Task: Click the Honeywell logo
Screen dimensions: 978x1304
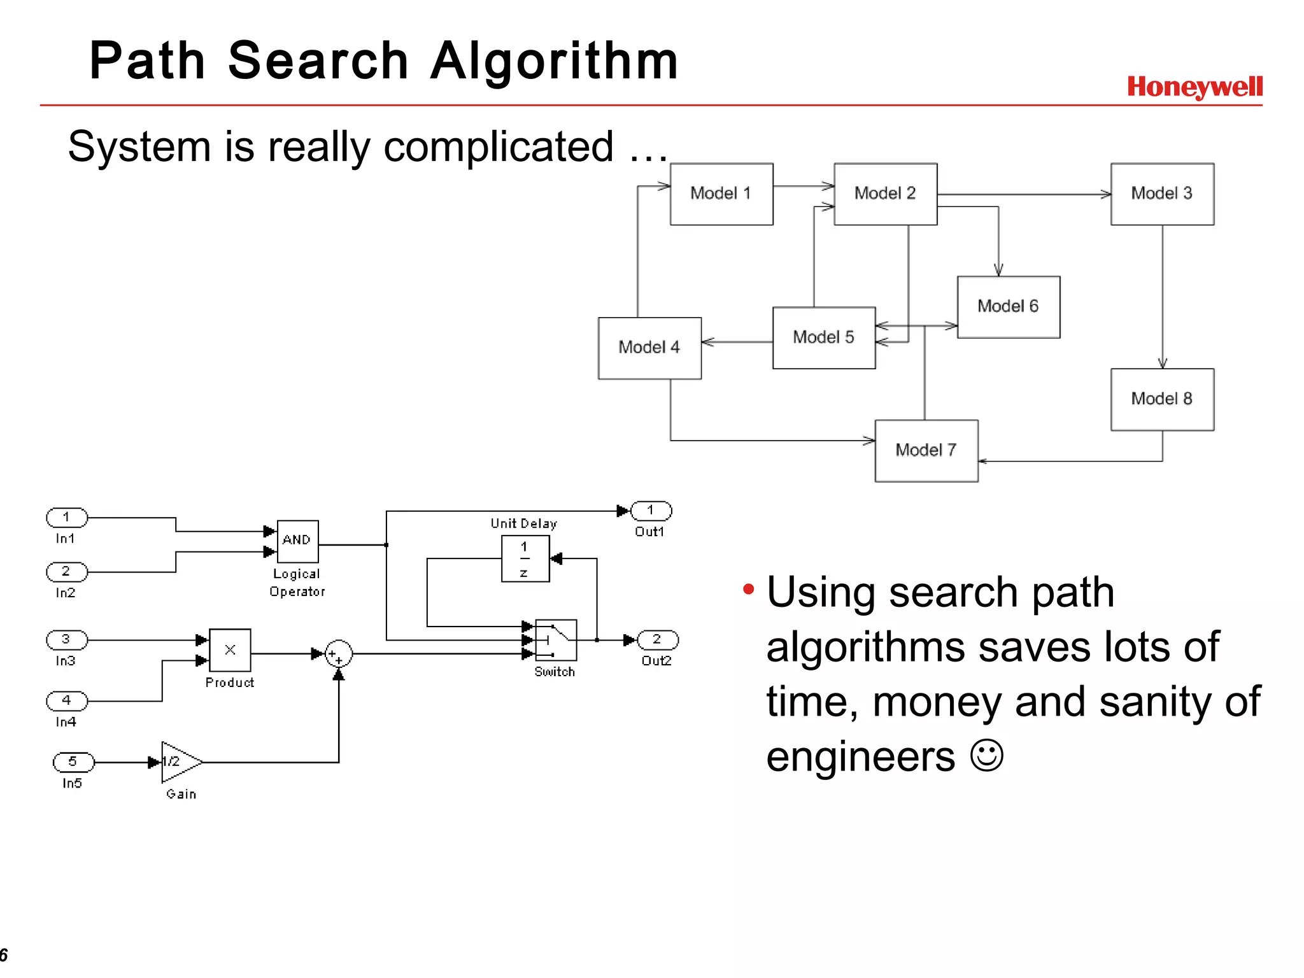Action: (1194, 87)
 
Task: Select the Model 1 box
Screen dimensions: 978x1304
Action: (721, 194)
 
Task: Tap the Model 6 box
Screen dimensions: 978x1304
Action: (1008, 307)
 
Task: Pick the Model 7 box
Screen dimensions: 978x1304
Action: (926, 451)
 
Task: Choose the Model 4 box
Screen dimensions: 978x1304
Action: (649, 348)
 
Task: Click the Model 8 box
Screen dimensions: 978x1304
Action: (1162, 399)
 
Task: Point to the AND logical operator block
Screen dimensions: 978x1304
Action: (297, 541)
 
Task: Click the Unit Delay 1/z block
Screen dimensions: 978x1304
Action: (525, 558)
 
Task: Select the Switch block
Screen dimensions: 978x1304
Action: (556, 640)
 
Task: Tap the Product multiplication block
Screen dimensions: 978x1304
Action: (230, 650)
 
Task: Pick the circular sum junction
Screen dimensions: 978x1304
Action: (338, 654)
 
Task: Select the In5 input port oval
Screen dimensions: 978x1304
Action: (73, 762)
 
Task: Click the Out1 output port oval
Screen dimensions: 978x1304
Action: (651, 511)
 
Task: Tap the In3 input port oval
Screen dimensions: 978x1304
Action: (66, 639)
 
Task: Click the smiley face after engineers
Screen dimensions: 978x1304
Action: (986, 755)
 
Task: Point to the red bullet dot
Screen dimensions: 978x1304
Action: (748, 590)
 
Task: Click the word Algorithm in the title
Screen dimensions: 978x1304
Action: (554, 60)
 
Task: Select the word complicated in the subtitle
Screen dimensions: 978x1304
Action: (499, 147)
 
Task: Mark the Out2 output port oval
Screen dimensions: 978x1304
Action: (657, 639)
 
